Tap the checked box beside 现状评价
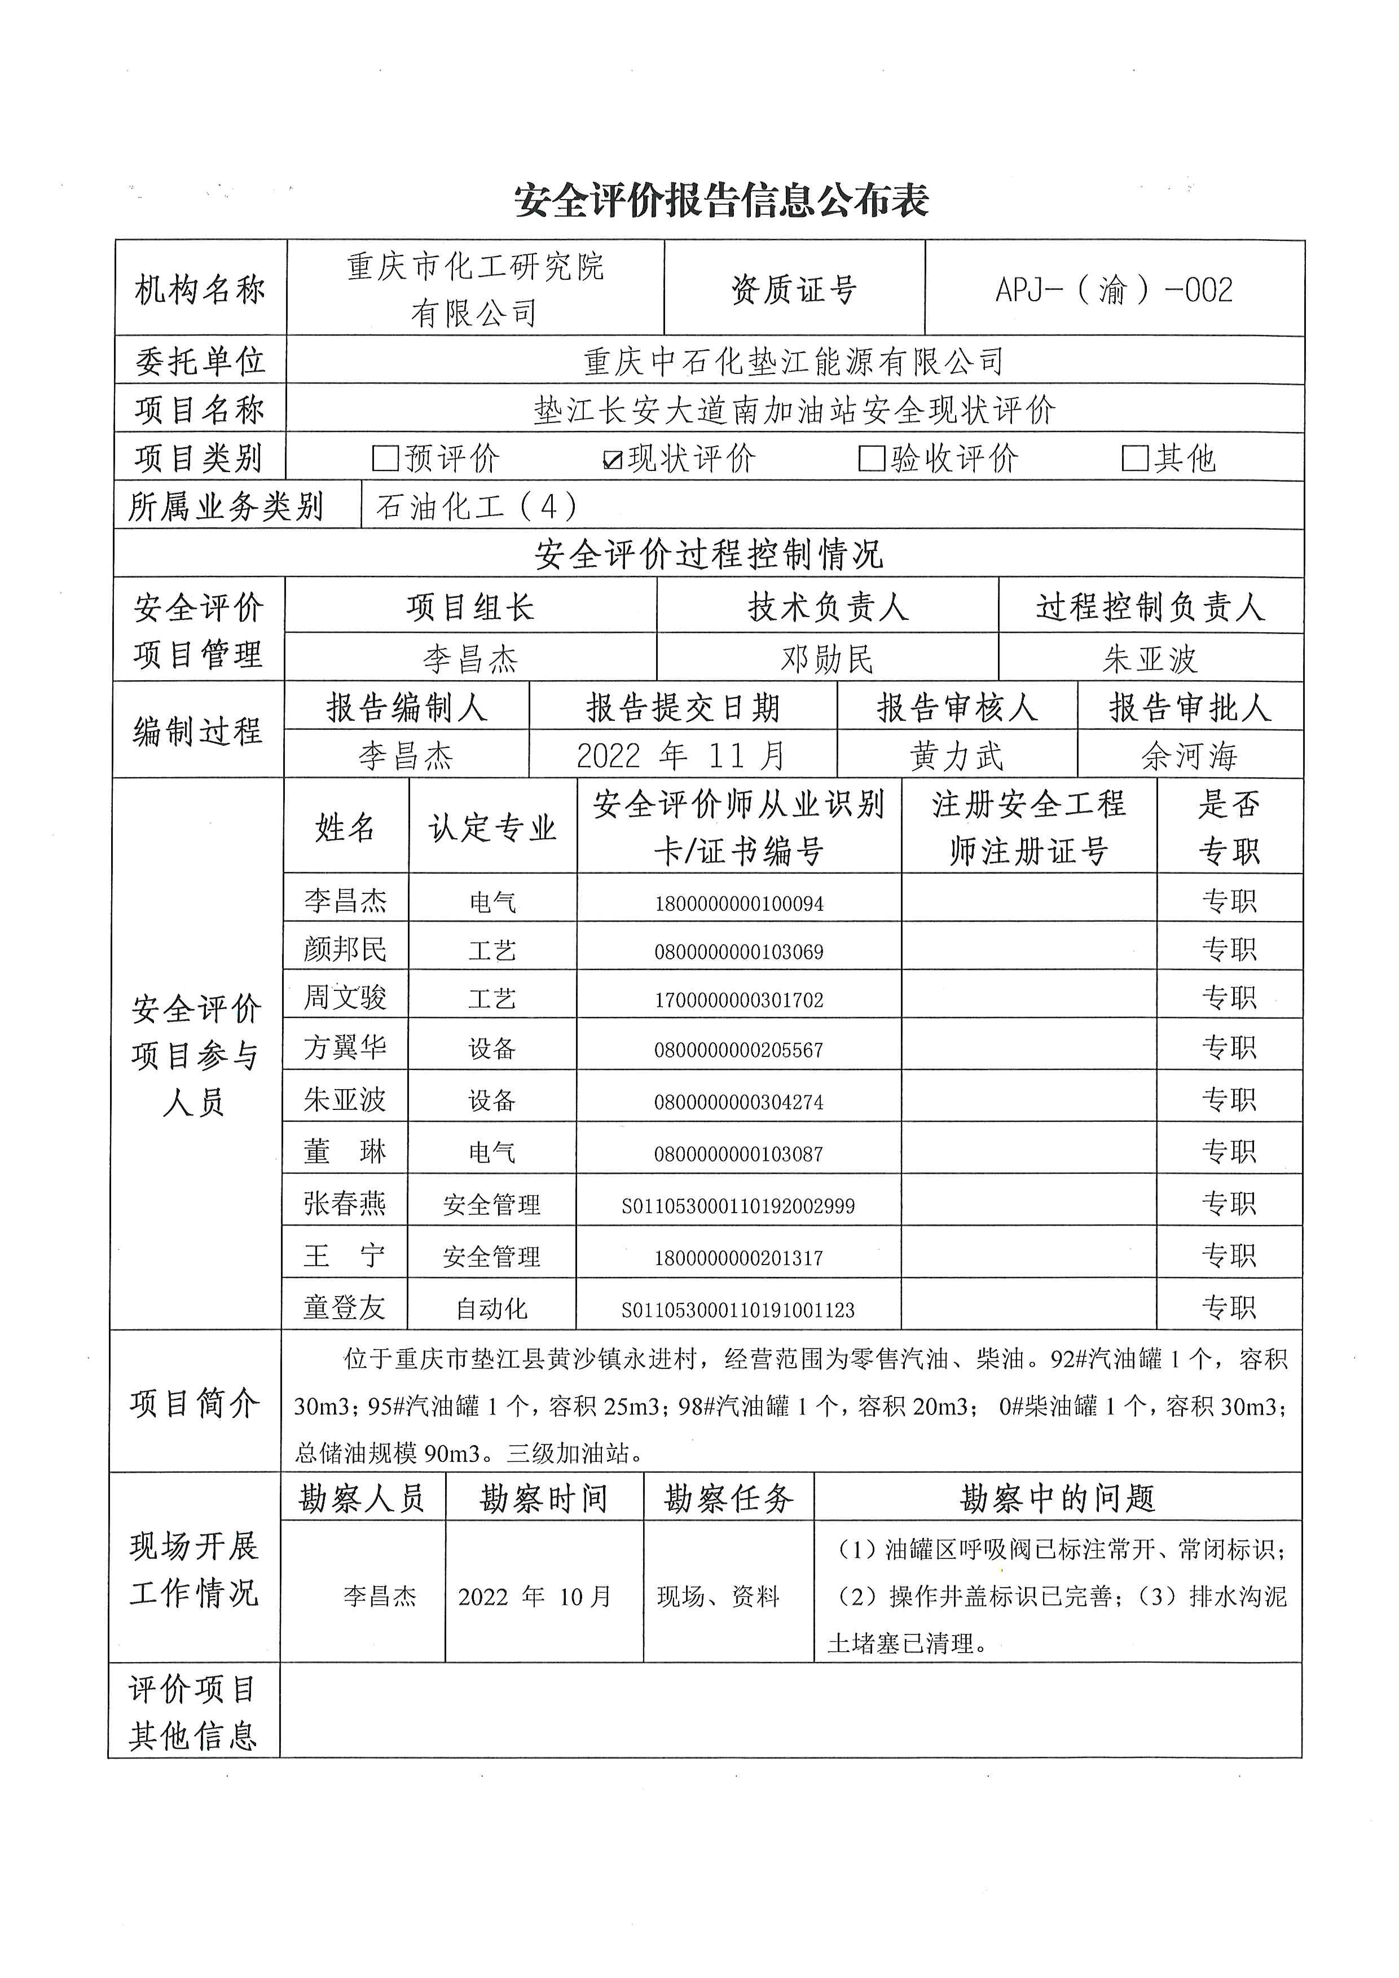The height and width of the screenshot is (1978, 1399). [x=613, y=459]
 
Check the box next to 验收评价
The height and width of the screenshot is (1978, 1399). [x=871, y=459]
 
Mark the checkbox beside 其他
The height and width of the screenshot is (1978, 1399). [x=1134, y=459]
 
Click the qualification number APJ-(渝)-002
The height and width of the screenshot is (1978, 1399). [x=1114, y=289]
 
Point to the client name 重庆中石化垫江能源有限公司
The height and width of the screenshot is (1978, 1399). [x=793, y=362]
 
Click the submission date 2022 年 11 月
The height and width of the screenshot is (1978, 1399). [x=681, y=756]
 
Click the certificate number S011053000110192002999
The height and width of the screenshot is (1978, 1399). [x=738, y=1206]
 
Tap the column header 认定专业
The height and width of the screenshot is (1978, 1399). [x=492, y=828]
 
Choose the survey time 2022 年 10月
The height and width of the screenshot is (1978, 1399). [x=535, y=1596]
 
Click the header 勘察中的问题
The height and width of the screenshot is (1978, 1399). [x=1057, y=1499]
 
